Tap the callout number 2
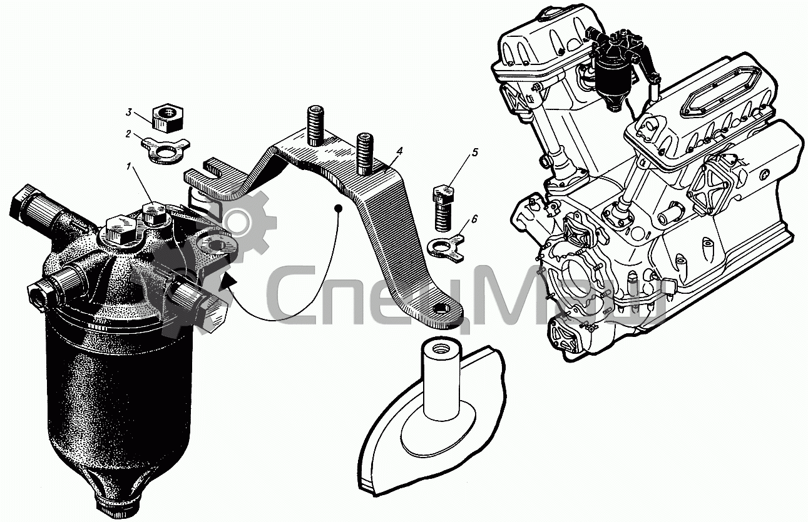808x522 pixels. click(128, 134)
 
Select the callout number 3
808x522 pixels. click(128, 112)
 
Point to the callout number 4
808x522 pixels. click(398, 152)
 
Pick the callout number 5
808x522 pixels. click(474, 153)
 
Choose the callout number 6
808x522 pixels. click(474, 219)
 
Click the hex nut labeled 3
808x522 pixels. click(167, 118)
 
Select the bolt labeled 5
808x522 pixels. click(442, 208)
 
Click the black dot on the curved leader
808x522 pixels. click(338, 208)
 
